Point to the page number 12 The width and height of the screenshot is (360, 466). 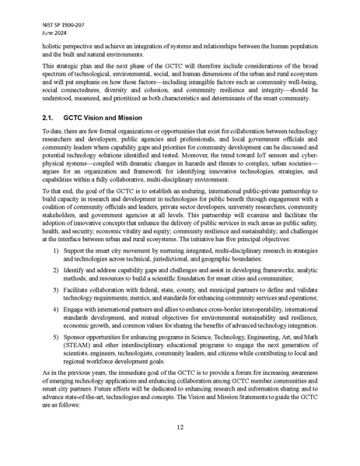tap(180, 426)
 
